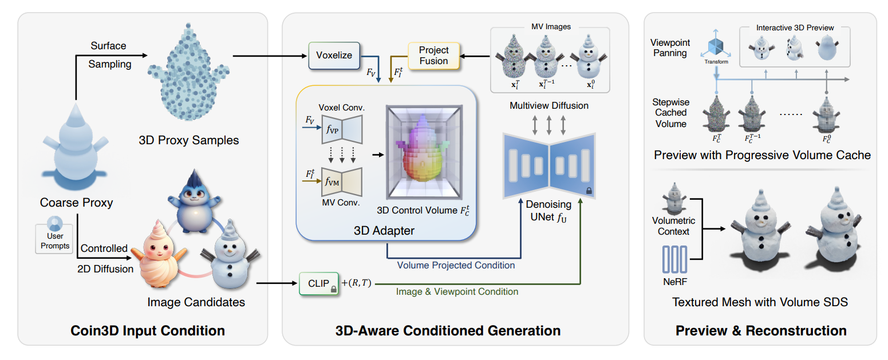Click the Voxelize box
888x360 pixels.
pos(334,56)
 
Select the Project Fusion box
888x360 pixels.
pos(433,56)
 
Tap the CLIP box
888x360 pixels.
pos(319,283)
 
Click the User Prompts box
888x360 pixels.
pos(55,239)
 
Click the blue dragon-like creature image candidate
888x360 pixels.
pos(194,202)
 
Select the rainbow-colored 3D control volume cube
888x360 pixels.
pos(424,152)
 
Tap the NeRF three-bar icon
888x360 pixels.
pos(674,259)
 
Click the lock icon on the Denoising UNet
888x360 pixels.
pos(589,191)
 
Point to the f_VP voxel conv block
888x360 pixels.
pos(342,129)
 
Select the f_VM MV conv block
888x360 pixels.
pos(342,182)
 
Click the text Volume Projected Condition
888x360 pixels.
pos(456,265)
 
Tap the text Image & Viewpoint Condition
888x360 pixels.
pos(457,292)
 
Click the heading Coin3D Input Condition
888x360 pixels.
pos(148,331)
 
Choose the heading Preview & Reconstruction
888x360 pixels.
pos(761,331)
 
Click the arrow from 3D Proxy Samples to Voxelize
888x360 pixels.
pos(270,56)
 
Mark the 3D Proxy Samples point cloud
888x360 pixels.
pos(189,72)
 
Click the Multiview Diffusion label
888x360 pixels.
pos(549,105)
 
